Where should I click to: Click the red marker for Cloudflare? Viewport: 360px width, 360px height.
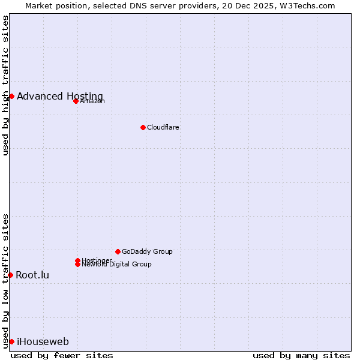(x=143, y=127)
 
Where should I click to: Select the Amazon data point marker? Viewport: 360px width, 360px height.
(x=76, y=101)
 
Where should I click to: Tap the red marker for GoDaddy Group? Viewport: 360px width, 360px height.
(x=118, y=251)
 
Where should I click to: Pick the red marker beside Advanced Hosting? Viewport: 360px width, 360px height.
(x=11, y=96)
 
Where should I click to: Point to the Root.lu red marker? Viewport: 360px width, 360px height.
(x=10, y=275)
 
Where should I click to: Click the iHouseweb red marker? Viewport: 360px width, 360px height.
(x=11, y=341)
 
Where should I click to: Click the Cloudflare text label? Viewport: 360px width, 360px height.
(x=163, y=127)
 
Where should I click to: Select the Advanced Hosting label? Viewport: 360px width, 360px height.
(x=60, y=96)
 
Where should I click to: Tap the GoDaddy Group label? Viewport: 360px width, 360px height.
(x=147, y=251)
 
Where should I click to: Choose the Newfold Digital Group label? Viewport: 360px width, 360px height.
(x=116, y=265)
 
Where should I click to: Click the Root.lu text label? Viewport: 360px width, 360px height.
(x=32, y=275)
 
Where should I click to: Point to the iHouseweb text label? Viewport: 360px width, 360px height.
(x=43, y=341)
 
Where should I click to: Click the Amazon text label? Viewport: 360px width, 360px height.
(x=92, y=101)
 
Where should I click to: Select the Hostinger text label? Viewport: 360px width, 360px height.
(x=97, y=260)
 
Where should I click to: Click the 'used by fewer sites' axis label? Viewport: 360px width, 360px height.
(x=62, y=355)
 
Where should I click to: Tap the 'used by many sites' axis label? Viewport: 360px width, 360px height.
(x=301, y=355)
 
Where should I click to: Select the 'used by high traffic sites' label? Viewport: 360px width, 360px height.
(x=5, y=85)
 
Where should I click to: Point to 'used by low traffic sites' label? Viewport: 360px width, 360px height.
(x=5, y=280)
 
